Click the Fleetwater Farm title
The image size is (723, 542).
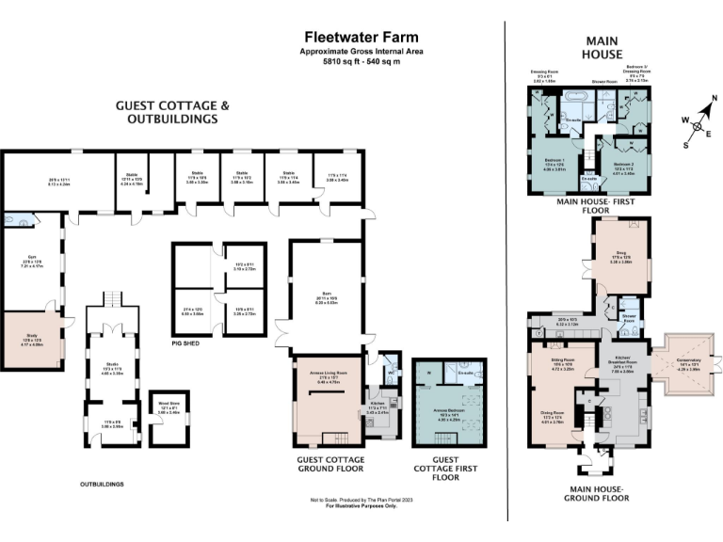(361, 36)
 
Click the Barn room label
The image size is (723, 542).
(325, 293)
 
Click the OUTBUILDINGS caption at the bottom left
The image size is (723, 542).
(103, 485)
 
